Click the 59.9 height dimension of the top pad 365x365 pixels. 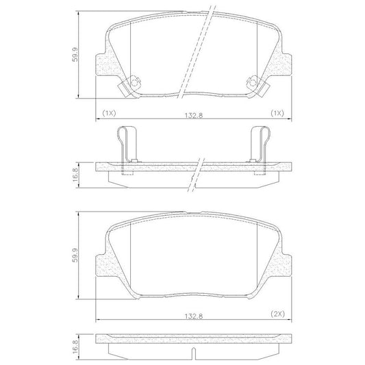click(75, 55)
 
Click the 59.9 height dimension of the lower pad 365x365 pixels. click(75, 255)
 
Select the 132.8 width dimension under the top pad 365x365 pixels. click(194, 115)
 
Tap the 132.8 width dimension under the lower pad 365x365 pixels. click(194, 316)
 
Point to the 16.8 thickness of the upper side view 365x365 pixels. click(75, 175)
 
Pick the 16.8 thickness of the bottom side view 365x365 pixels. click(75, 347)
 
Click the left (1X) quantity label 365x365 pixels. click(109, 114)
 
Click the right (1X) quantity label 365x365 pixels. click(277, 114)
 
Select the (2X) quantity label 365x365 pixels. click(278, 314)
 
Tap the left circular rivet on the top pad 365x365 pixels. click(134, 83)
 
